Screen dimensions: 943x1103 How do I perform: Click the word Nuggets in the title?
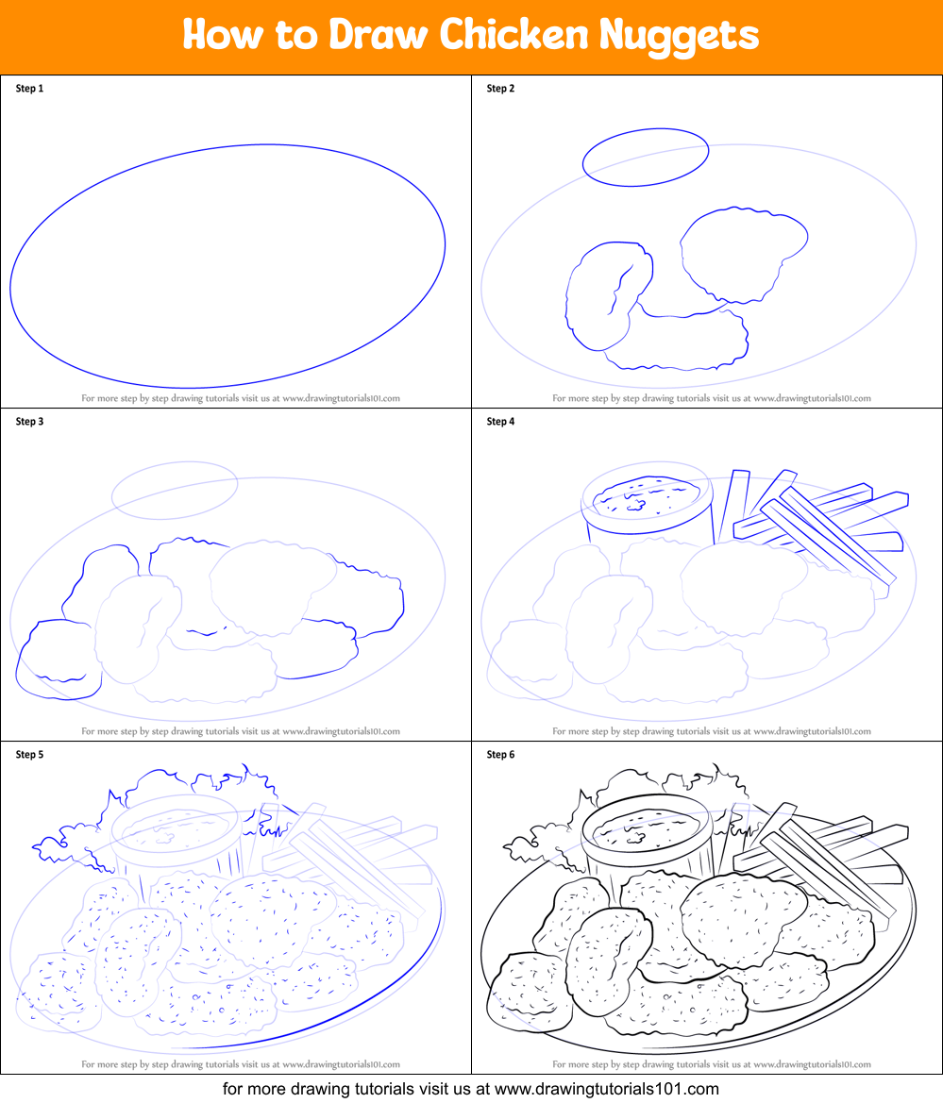click(x=679, y=35)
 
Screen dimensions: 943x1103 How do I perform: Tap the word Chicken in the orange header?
click(x=514, y=33)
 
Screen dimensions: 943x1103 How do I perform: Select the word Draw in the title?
click(x=378, y=33)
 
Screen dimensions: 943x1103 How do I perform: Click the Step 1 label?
click(x=29, y=89)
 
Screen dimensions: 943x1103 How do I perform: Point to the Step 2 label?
click(x=500, y=89)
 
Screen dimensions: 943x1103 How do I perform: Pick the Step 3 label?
click(x=29, y=422)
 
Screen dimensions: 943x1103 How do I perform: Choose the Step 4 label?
click(x=500, y=422)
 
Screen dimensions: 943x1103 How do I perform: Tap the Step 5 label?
click(x=29, y=755)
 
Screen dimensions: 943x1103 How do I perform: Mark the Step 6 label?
click(x=500, y=755)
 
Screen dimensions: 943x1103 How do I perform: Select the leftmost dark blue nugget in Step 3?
click(x=59, y=660)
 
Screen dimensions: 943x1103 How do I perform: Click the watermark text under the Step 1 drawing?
click(x=241, y=398)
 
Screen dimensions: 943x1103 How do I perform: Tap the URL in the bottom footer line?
click(x=607, y=1089)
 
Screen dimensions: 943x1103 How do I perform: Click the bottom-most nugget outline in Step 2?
click(x=676, y=367)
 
